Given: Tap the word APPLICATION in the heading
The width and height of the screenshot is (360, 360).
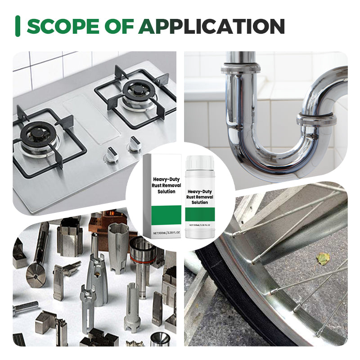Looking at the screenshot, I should tap(211, 27).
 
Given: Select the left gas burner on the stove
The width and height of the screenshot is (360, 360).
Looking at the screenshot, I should tap(38, 135).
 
